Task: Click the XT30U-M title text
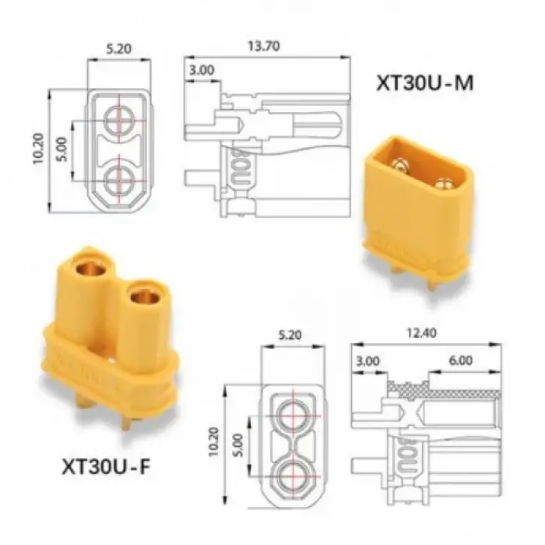pyautogui.click(x=425, y=83)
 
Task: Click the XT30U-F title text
pyautogui.click(x=106, y=467)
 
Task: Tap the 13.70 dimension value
pyautogui.click(x=263, y=46)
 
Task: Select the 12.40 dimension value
pyautogui.click(x=421, y=333)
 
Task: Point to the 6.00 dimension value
pyautogui.click(x=461, y=360)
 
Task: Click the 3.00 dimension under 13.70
pyautogui.click(x=202, y=70)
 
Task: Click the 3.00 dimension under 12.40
pyautogui.click(x=367, y=361)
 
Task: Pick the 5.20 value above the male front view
pyautogui.click(x=119, y=48)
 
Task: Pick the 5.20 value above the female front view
pyautogui.click(x=290, y=335)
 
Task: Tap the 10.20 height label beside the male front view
pyautogui.click(x=38, y=149)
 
